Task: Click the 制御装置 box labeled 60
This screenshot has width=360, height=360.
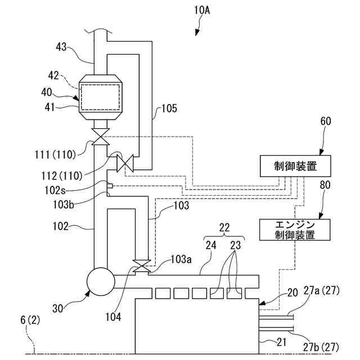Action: point(295,166)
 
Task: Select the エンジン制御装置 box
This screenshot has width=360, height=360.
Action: point(295,229)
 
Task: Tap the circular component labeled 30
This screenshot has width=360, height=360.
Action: point(101,281)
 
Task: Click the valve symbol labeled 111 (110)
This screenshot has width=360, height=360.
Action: point(100,137)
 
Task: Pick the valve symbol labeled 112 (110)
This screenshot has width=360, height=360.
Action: point(125,163)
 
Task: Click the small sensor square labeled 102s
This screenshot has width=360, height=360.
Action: point(110,186)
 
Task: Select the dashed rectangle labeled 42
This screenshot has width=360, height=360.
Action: point(100,97)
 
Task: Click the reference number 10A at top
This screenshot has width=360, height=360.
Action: point(202,10)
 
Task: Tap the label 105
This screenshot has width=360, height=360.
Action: point(169,109)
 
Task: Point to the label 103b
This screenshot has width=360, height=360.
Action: point(64,204)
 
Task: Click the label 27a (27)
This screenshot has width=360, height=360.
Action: point(321,291)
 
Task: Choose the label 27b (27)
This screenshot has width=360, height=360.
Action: point(321,347)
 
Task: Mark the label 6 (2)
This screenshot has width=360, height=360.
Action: point(30,320)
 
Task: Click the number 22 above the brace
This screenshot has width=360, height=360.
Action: point(224,227)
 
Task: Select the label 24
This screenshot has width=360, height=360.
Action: point(211,245)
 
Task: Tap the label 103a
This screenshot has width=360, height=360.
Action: point(181,259)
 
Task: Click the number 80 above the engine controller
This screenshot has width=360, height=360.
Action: point(325,185)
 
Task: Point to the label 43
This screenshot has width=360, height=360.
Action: point(61,47)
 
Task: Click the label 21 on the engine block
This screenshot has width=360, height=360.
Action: point(281,343)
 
